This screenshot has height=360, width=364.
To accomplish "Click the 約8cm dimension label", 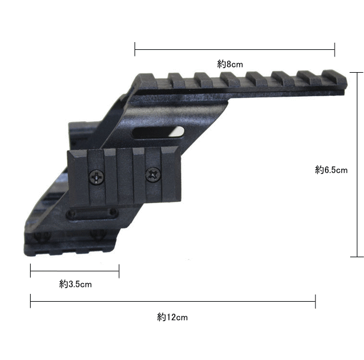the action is coord(230,64).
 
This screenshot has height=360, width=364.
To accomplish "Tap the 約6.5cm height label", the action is coord(332,170).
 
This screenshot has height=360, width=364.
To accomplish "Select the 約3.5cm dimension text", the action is coord(76,284).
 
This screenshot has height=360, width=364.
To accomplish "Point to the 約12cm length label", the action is coord(172,317).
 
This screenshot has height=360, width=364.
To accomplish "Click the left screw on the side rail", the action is coord(97,177).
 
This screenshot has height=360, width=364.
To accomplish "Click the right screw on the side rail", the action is coord(153,174).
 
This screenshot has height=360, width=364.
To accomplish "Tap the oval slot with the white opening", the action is coord(158,133).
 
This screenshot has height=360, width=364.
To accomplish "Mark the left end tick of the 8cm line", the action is coord(135,49).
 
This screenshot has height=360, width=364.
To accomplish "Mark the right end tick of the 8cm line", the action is coord(335,49).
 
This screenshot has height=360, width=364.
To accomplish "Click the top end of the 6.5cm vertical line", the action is coord(357,73).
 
